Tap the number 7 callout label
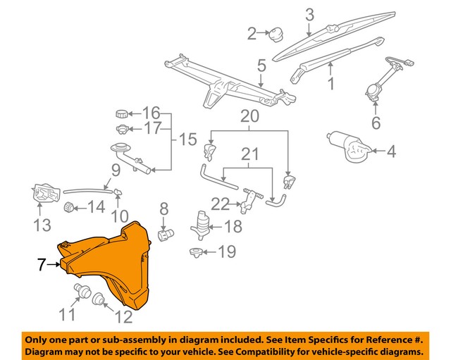click(41, 264)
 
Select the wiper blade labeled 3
click(333, 36)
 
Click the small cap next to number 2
click(276, 35)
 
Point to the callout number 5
click(261, 66)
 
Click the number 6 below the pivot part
click(376, 123)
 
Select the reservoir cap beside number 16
click(121, 113)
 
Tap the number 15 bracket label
click(188, 139)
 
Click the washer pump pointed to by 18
click(199, 225)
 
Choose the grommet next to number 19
click(196, 253)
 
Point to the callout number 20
click(249, 116)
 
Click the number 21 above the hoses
click(249, 154)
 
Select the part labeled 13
click(45, 192)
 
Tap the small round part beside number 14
click(69, 206)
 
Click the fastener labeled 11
click(82, 291)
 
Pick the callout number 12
click(124, 316)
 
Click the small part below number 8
click(166, 234)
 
